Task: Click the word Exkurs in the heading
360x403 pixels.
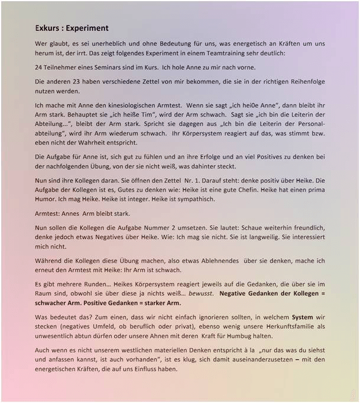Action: (48, 28)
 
